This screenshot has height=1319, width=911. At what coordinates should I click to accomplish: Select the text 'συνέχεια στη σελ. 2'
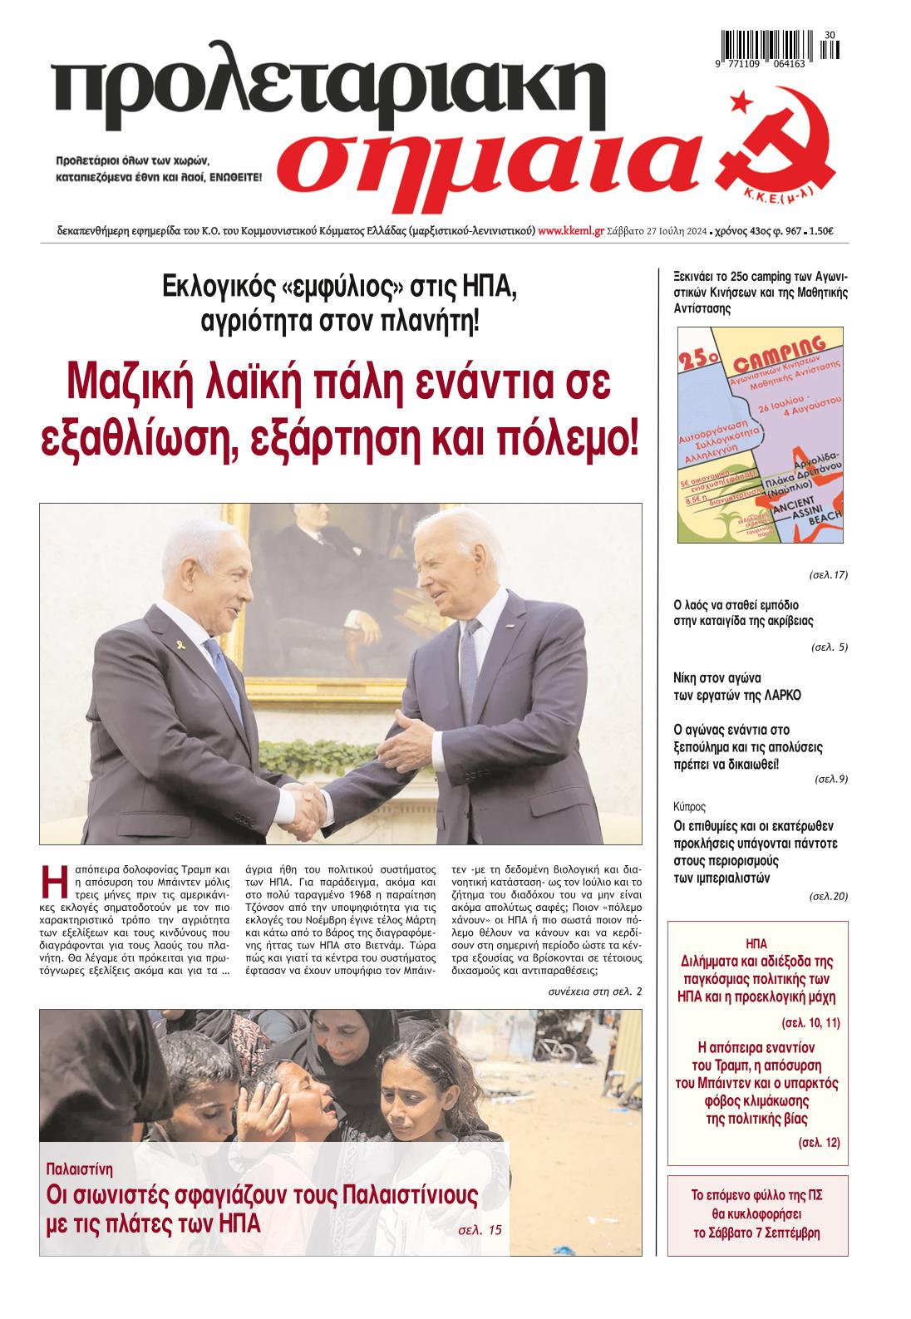595,992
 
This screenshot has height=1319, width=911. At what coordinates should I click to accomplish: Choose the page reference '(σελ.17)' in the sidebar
829,574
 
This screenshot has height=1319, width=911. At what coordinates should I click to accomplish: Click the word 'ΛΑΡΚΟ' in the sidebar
779,695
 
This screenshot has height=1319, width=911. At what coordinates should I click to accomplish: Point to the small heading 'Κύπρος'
689,806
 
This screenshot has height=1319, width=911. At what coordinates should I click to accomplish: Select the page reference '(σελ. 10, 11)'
811,1022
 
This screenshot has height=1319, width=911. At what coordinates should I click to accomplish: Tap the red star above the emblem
736,104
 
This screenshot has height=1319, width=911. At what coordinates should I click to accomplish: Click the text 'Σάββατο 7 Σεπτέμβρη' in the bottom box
757,1233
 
